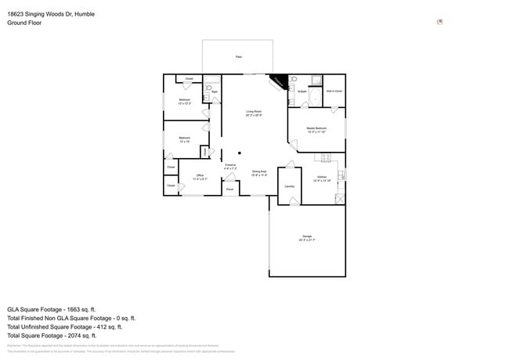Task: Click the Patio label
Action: click(238, 57)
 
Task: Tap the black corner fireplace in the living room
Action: click(277, 81)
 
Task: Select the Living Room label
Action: click(253, 113)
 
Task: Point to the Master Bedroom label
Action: click(316, 129)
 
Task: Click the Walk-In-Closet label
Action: click(334, 92)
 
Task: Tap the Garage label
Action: click(307, 237)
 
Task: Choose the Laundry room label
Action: click(289, 186)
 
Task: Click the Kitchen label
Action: click(321, 178)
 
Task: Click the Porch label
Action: click(229, 189)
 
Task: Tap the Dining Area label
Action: click(259, 173)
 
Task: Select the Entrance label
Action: click(230, 167)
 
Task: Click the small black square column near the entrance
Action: click(240, 152)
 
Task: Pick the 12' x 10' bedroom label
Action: click(184, 139)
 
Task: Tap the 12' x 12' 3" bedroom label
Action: click(185, 102)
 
